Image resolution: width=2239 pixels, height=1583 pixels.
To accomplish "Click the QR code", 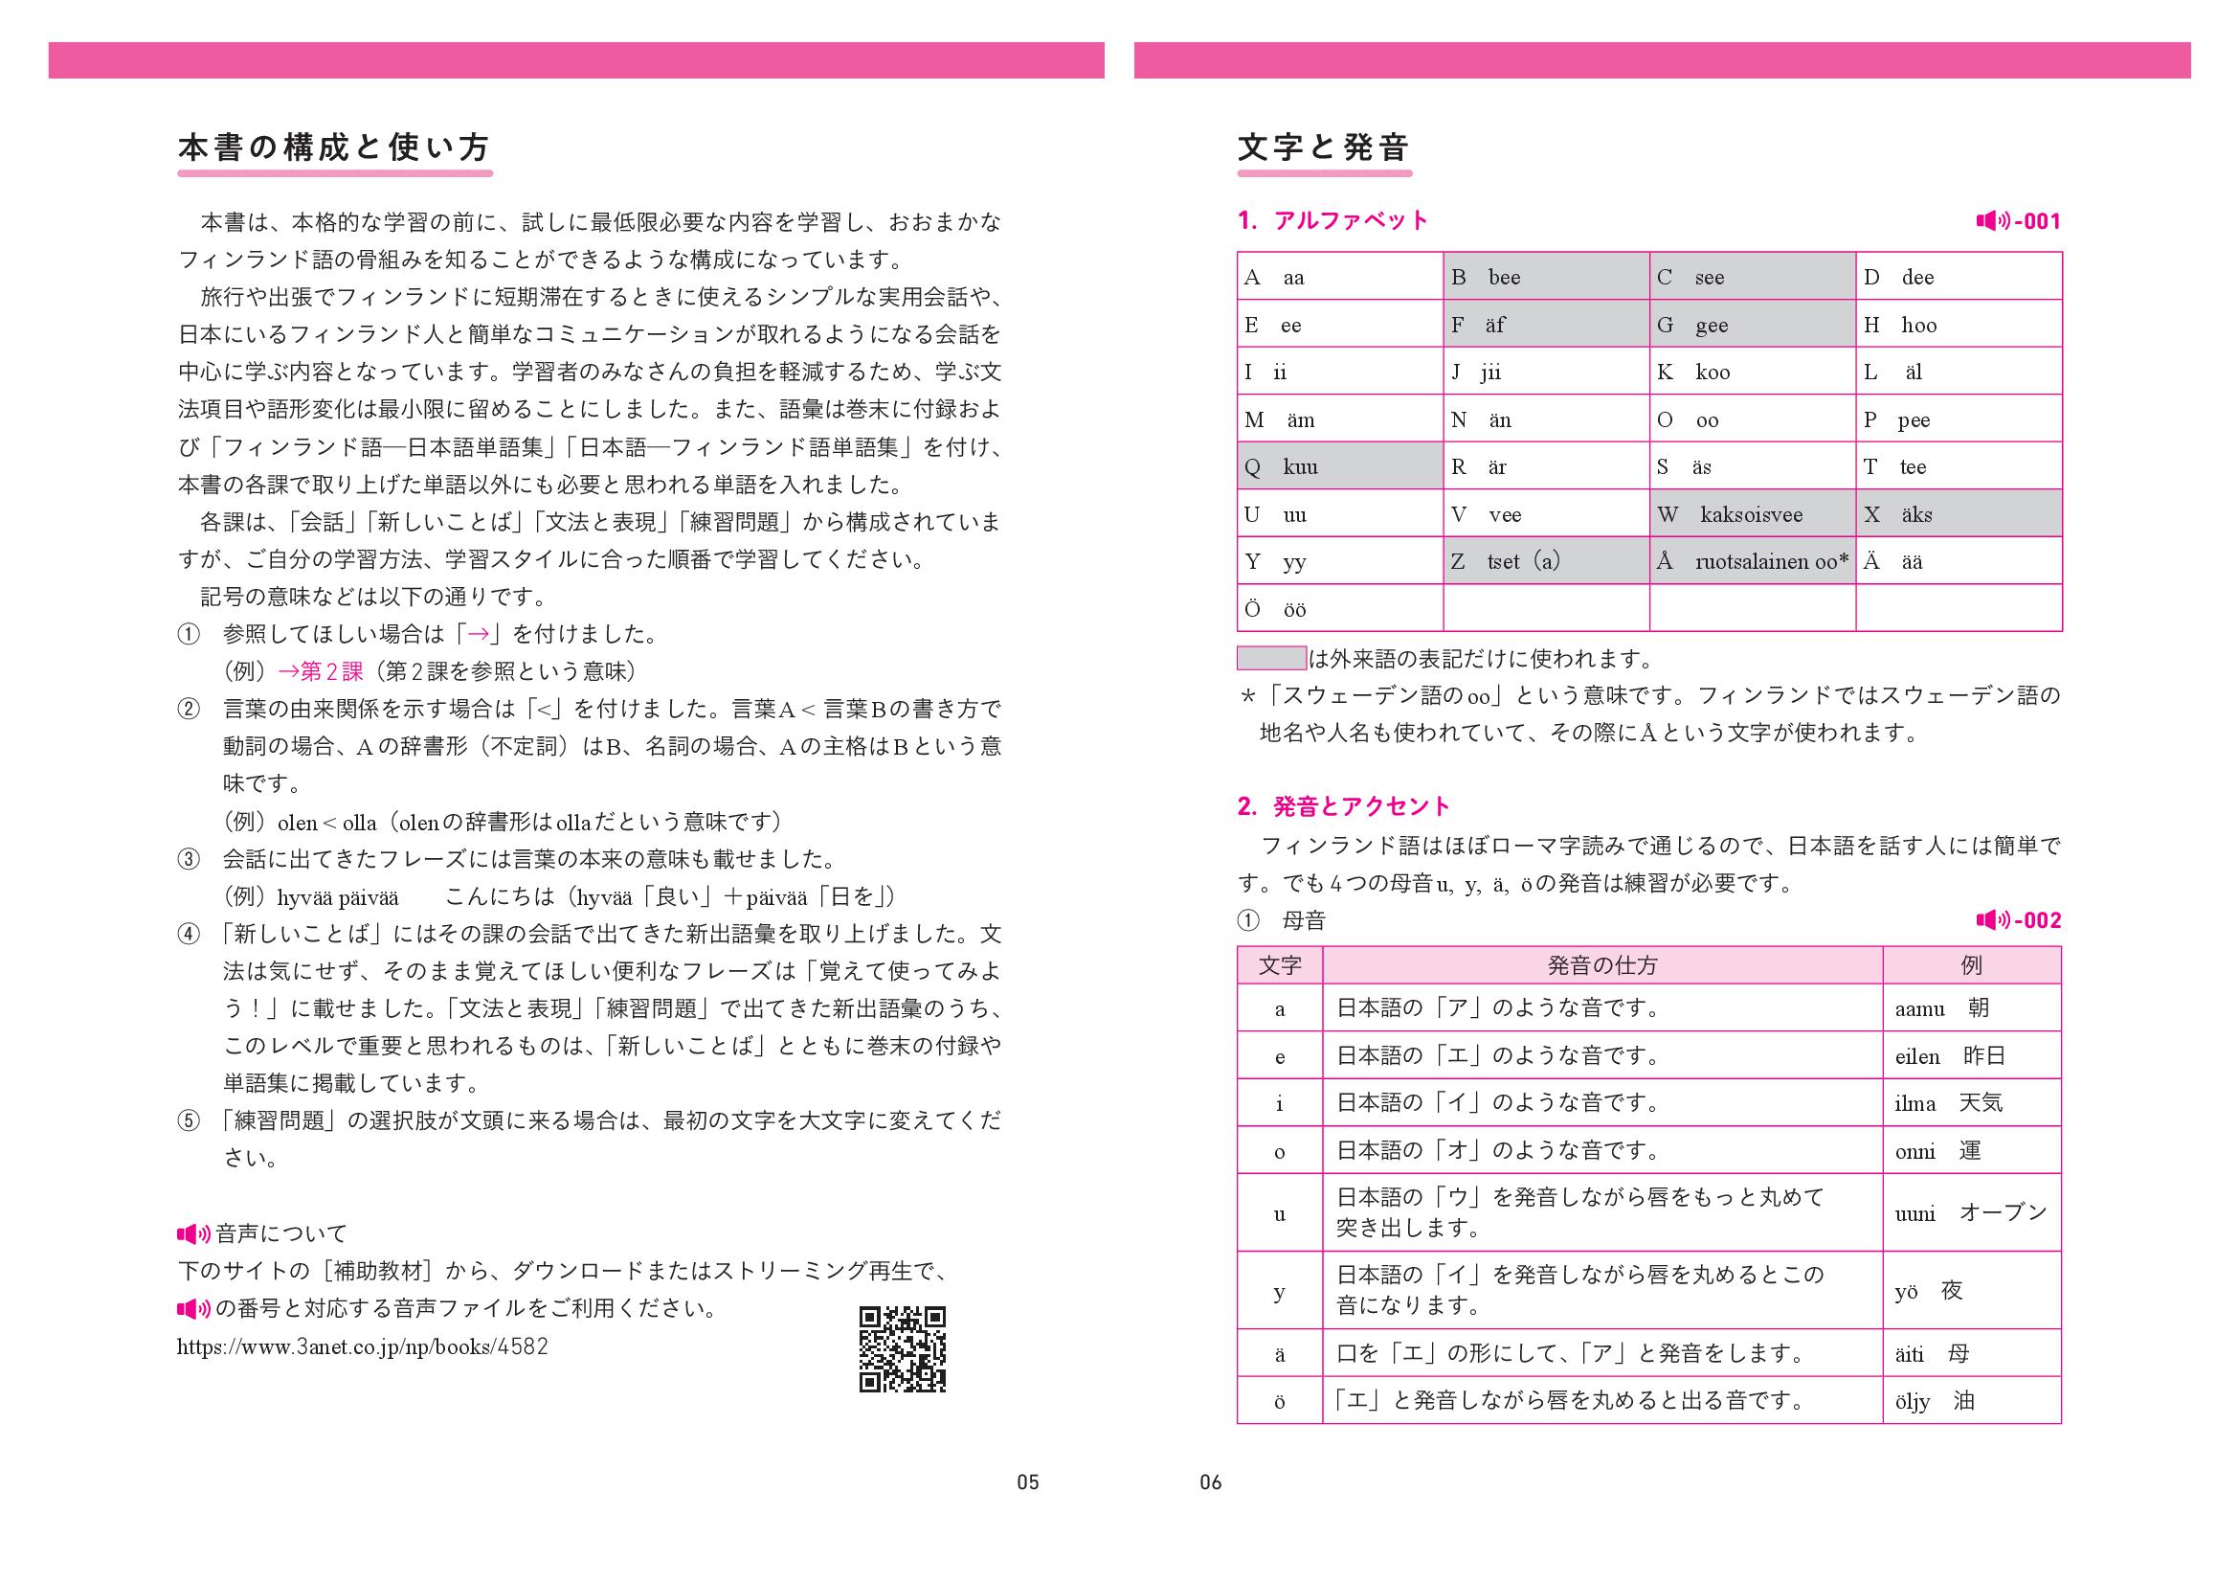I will (x=902, y=1349).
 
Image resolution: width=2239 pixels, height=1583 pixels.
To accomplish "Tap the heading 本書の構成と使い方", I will (x=334, y=148).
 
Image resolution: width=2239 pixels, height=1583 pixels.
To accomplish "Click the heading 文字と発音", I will (x=1323, y=148).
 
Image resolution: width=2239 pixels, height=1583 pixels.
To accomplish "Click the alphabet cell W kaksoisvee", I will (x=1752, y=514).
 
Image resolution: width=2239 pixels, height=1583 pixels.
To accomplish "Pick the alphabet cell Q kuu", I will (x=1340, y=466).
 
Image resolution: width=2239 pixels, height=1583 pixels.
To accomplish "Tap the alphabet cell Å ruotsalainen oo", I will (x=1752, y=561).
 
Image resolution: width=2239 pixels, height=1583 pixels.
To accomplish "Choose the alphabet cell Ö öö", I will (x=1340, y=609).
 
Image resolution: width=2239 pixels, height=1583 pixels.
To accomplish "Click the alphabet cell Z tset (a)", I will (x=1546, y=561).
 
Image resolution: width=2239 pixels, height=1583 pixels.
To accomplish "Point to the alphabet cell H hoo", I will (x=1959, y=325).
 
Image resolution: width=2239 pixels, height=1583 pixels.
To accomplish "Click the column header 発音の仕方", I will (x=1602, y=965).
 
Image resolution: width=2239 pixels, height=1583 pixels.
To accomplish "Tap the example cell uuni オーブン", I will (x=1971, y=1212).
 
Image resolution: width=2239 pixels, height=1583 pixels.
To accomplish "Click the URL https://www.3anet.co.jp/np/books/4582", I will (x=363, y=1347).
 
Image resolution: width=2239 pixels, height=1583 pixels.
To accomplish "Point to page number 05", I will (x=1028, y=1482).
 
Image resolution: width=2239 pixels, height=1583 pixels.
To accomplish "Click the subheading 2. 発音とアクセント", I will (x=1344, y=806).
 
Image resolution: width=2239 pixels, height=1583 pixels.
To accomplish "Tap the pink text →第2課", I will (x=321, y=671).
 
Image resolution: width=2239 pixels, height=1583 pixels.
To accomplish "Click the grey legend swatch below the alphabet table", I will (x=1270, y=658).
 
